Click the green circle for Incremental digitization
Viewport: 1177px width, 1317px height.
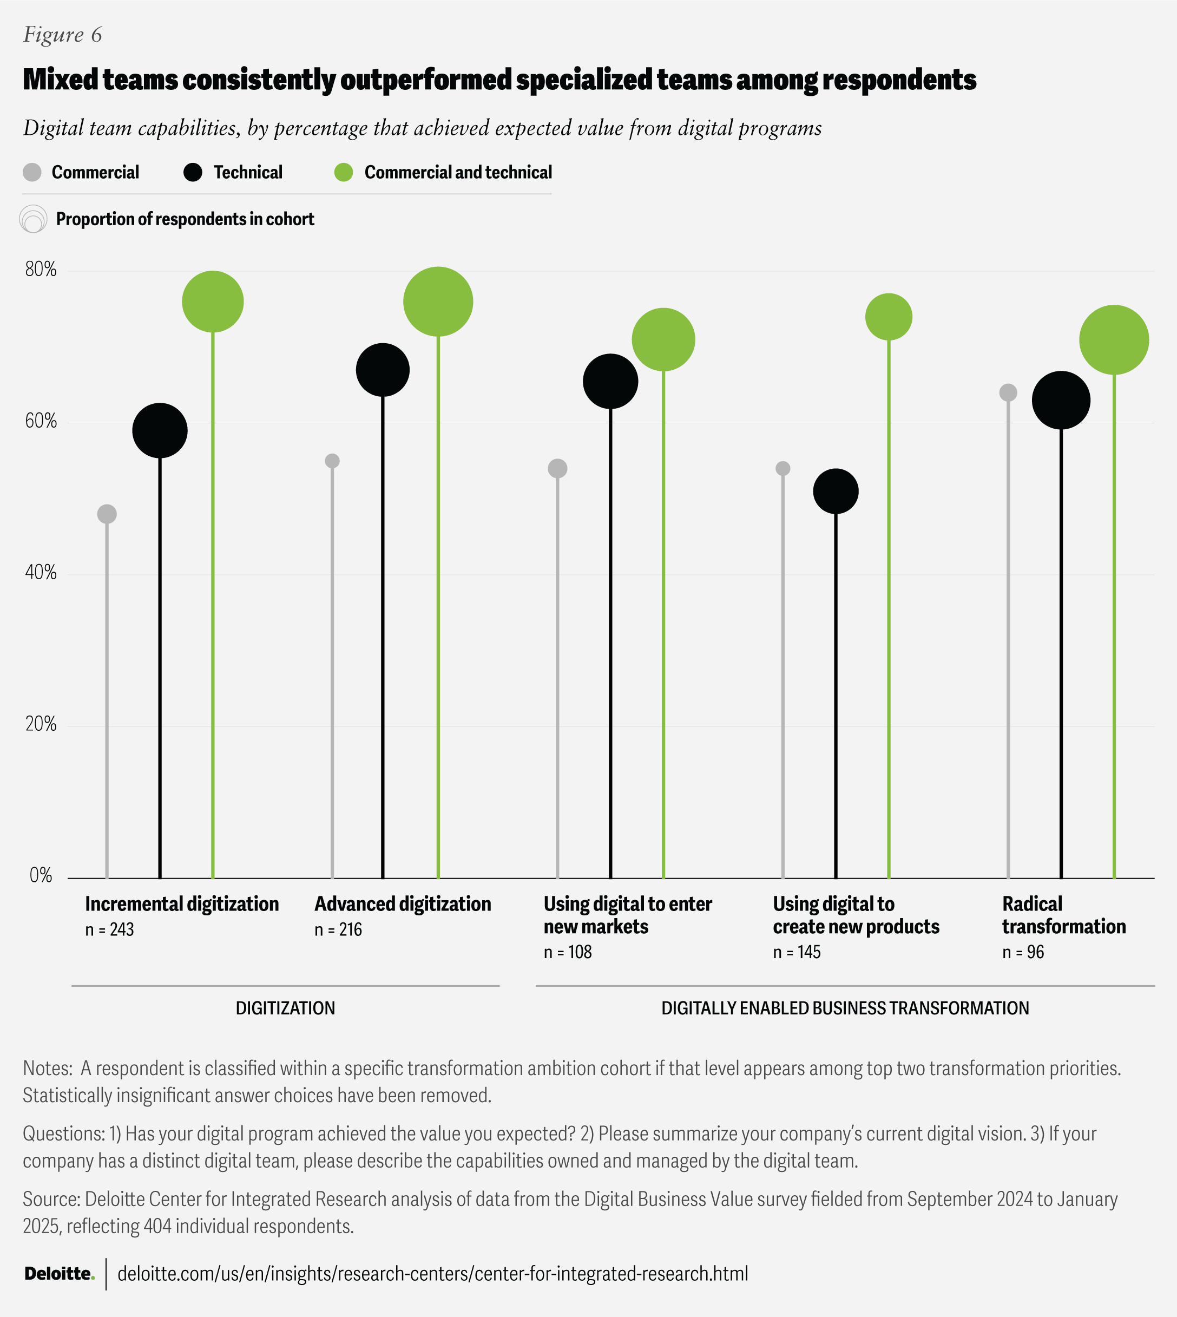coord(213,302)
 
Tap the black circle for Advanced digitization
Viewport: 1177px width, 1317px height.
coord(383,370)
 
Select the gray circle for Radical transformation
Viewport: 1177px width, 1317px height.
coord(1008,392)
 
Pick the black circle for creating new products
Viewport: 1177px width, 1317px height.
coord(836,492)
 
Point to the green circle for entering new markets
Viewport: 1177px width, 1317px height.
coord(663,339)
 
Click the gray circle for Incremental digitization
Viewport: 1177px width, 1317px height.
coord(107,514)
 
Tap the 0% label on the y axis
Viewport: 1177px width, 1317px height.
coord(41,876)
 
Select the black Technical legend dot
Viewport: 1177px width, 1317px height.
coord(193,172)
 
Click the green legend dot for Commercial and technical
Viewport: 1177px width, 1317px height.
coord(344,172)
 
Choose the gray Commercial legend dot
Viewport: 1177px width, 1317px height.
coord(32,172)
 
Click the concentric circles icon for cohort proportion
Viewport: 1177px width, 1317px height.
coord(33,219)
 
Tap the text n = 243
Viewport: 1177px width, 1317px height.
coord(109,929)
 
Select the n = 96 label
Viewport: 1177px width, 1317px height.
coord(1023,952)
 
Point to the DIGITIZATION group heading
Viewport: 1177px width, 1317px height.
coord(285,1008)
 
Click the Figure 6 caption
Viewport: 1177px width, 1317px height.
coord(63,34)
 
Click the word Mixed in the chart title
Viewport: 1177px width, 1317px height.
coord(60,80)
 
